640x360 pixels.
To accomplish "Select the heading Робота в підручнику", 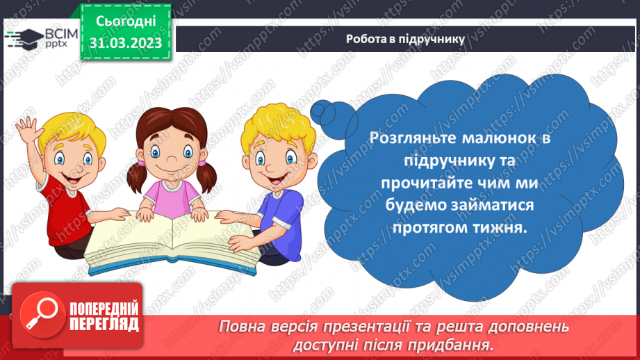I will (404, 39).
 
